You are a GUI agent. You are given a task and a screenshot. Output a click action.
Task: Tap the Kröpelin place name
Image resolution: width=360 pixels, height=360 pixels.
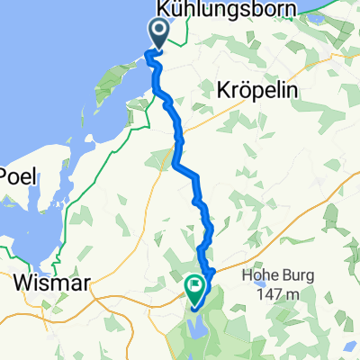tap(257, 92)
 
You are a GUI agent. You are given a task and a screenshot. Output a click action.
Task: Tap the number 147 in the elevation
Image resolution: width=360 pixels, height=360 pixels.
tap(269, 296)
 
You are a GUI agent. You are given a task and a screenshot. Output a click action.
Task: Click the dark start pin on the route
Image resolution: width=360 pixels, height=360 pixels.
tap(159, 34)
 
